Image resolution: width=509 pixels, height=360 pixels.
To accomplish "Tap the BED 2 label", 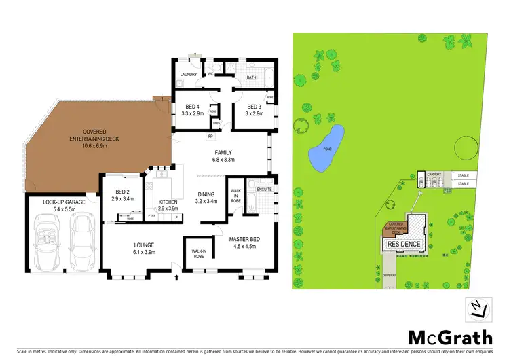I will tap(122, 192).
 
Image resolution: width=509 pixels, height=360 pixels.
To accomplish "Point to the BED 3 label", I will tap(254, 107).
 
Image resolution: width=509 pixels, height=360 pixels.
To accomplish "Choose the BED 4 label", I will tap(193, 107).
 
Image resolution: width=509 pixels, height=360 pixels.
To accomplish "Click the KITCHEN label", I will tap(168, 202).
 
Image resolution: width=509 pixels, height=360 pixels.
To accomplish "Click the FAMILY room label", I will tap(224, 153).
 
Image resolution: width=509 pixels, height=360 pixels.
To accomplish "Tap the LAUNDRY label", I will tap(188, 74).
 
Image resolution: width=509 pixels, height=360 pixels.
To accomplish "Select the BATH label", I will tap(251, 77).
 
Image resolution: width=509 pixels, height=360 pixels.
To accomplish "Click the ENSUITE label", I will tap(265, 190).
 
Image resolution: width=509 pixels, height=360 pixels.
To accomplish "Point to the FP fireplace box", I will tap(210, 137).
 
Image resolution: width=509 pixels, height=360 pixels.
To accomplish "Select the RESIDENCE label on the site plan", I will tap(404, 244).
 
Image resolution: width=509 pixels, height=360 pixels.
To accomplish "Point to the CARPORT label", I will tap(436, 175).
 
